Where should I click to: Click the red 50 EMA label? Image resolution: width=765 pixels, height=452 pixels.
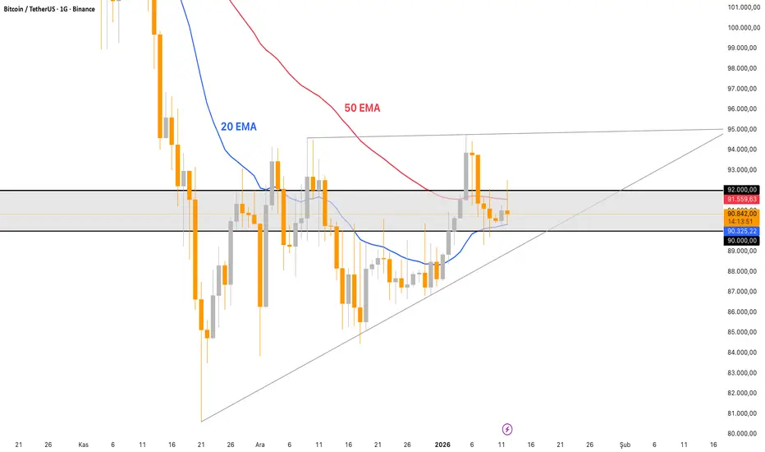[x=361, y=108]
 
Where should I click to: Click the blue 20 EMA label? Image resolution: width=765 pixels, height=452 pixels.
[x=238, y=127]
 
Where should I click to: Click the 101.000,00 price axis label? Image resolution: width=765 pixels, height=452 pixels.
[x=742, y=7]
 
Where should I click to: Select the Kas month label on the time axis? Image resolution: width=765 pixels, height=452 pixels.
[x=83, y=444]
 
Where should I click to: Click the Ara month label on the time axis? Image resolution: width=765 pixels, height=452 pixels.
[x=260, y=444]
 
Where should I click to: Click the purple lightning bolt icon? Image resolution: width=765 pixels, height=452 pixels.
[x=507, y=429]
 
